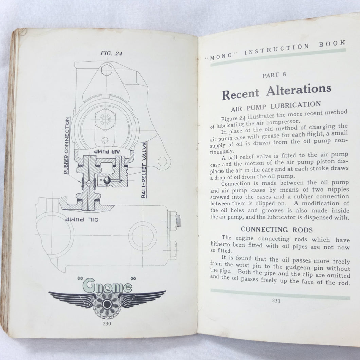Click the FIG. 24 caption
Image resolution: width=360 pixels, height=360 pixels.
coord(111,53)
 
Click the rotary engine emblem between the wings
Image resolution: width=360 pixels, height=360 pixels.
coord(107,302)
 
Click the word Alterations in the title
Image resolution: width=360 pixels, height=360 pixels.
coord(299,90)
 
